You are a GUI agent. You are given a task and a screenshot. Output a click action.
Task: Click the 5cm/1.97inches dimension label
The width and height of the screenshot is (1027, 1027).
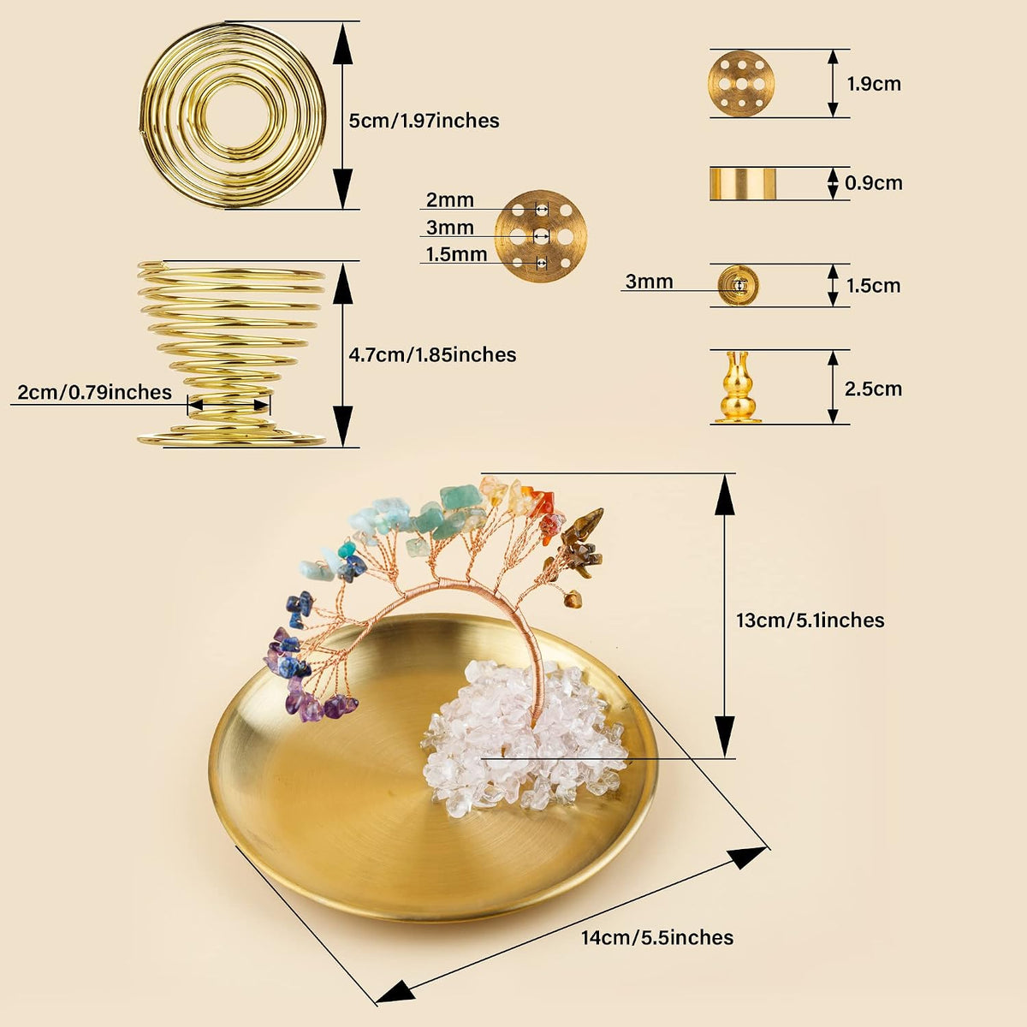(424, 121)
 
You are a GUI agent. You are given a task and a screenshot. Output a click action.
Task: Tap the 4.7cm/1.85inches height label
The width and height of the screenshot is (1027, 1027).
(432, 355)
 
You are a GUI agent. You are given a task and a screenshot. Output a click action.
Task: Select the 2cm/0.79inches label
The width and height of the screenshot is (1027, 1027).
(94, 392)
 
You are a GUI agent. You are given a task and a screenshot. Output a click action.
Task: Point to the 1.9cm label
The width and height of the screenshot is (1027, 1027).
(874, 84)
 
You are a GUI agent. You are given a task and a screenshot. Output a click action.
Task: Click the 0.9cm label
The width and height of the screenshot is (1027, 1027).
(874, 183)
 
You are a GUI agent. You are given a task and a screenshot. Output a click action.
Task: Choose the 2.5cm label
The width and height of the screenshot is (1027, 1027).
(873, 389)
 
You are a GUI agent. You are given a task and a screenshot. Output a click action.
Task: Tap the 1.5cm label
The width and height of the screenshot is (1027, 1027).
(874, 286)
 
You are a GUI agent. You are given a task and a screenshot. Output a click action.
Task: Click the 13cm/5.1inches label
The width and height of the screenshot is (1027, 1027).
(810, 620)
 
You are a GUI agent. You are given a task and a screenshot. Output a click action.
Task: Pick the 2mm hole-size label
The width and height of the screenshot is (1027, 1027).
(450, 200)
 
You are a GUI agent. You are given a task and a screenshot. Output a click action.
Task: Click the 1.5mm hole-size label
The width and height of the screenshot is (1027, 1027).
(456, 255)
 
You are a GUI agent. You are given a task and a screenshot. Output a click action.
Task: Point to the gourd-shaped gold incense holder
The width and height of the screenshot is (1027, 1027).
(738, 387)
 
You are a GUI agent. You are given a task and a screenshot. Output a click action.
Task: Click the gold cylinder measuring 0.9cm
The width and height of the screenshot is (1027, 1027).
(743, 183)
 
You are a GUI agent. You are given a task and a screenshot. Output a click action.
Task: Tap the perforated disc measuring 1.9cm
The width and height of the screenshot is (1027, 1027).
(741, 84)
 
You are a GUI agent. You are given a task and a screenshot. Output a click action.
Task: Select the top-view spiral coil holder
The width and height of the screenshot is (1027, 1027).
(233, 115)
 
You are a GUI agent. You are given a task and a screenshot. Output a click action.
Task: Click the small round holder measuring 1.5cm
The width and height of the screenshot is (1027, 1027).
(738, 286)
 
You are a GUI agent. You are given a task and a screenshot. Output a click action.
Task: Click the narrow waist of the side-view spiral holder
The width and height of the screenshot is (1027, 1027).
(229, 404)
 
